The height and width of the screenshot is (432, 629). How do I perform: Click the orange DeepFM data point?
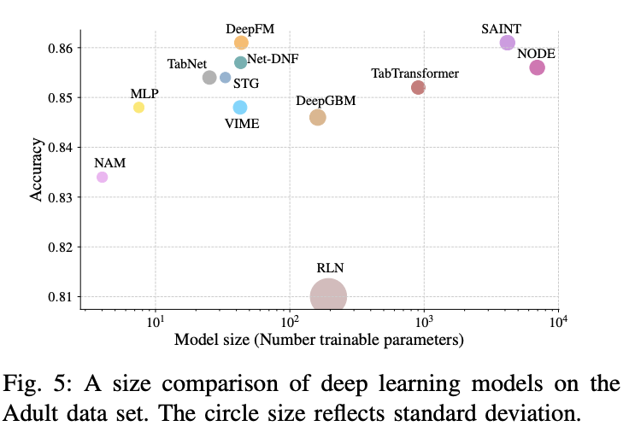(x=241, y=43)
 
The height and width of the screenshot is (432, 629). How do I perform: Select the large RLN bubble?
(x=328, y=296)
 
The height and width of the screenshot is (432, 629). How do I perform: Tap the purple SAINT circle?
(x=508, y=43)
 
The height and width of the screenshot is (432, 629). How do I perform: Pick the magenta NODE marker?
(x=537, y=67)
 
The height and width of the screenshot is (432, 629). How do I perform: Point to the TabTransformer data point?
(x=418, y=87)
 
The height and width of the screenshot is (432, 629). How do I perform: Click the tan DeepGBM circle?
(x=317, y=117)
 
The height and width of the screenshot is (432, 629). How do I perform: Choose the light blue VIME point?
(x=240, y=108)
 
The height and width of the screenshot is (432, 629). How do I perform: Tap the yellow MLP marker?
(x=138, y=108)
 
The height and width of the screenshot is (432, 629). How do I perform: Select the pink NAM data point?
(x=102, y=177)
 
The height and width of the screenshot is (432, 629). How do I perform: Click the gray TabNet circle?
(x=209, y=78)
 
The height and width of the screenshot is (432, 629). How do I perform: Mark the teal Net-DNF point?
(x=240, y=62)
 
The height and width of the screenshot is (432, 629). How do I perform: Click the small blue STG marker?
(x=226, y=78)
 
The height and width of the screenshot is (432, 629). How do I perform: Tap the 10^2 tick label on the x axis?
(x=289, y=322)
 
